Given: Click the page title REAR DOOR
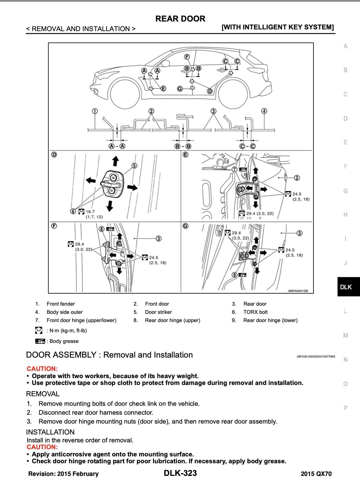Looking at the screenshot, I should [180, 19].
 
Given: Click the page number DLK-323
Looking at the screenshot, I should [180, 473].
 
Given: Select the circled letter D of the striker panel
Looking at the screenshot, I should [54, 155].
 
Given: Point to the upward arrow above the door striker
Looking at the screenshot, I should [115, 161].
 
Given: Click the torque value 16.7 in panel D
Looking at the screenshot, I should [90, 212].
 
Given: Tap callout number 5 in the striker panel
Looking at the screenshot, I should [134, 166].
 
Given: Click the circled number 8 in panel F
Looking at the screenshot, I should [101, 229].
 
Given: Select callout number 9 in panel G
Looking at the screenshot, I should [234, 275].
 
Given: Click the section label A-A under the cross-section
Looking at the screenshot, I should [117, 146].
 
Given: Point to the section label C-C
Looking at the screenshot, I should [247, 146].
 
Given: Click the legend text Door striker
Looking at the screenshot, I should [158, 312].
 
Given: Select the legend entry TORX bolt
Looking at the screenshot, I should [255, 312].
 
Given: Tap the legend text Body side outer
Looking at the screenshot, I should [65, 312].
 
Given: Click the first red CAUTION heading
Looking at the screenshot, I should [42, 369].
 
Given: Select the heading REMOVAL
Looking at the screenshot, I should [43, 394].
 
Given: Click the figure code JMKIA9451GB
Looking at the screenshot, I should [297, 291].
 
